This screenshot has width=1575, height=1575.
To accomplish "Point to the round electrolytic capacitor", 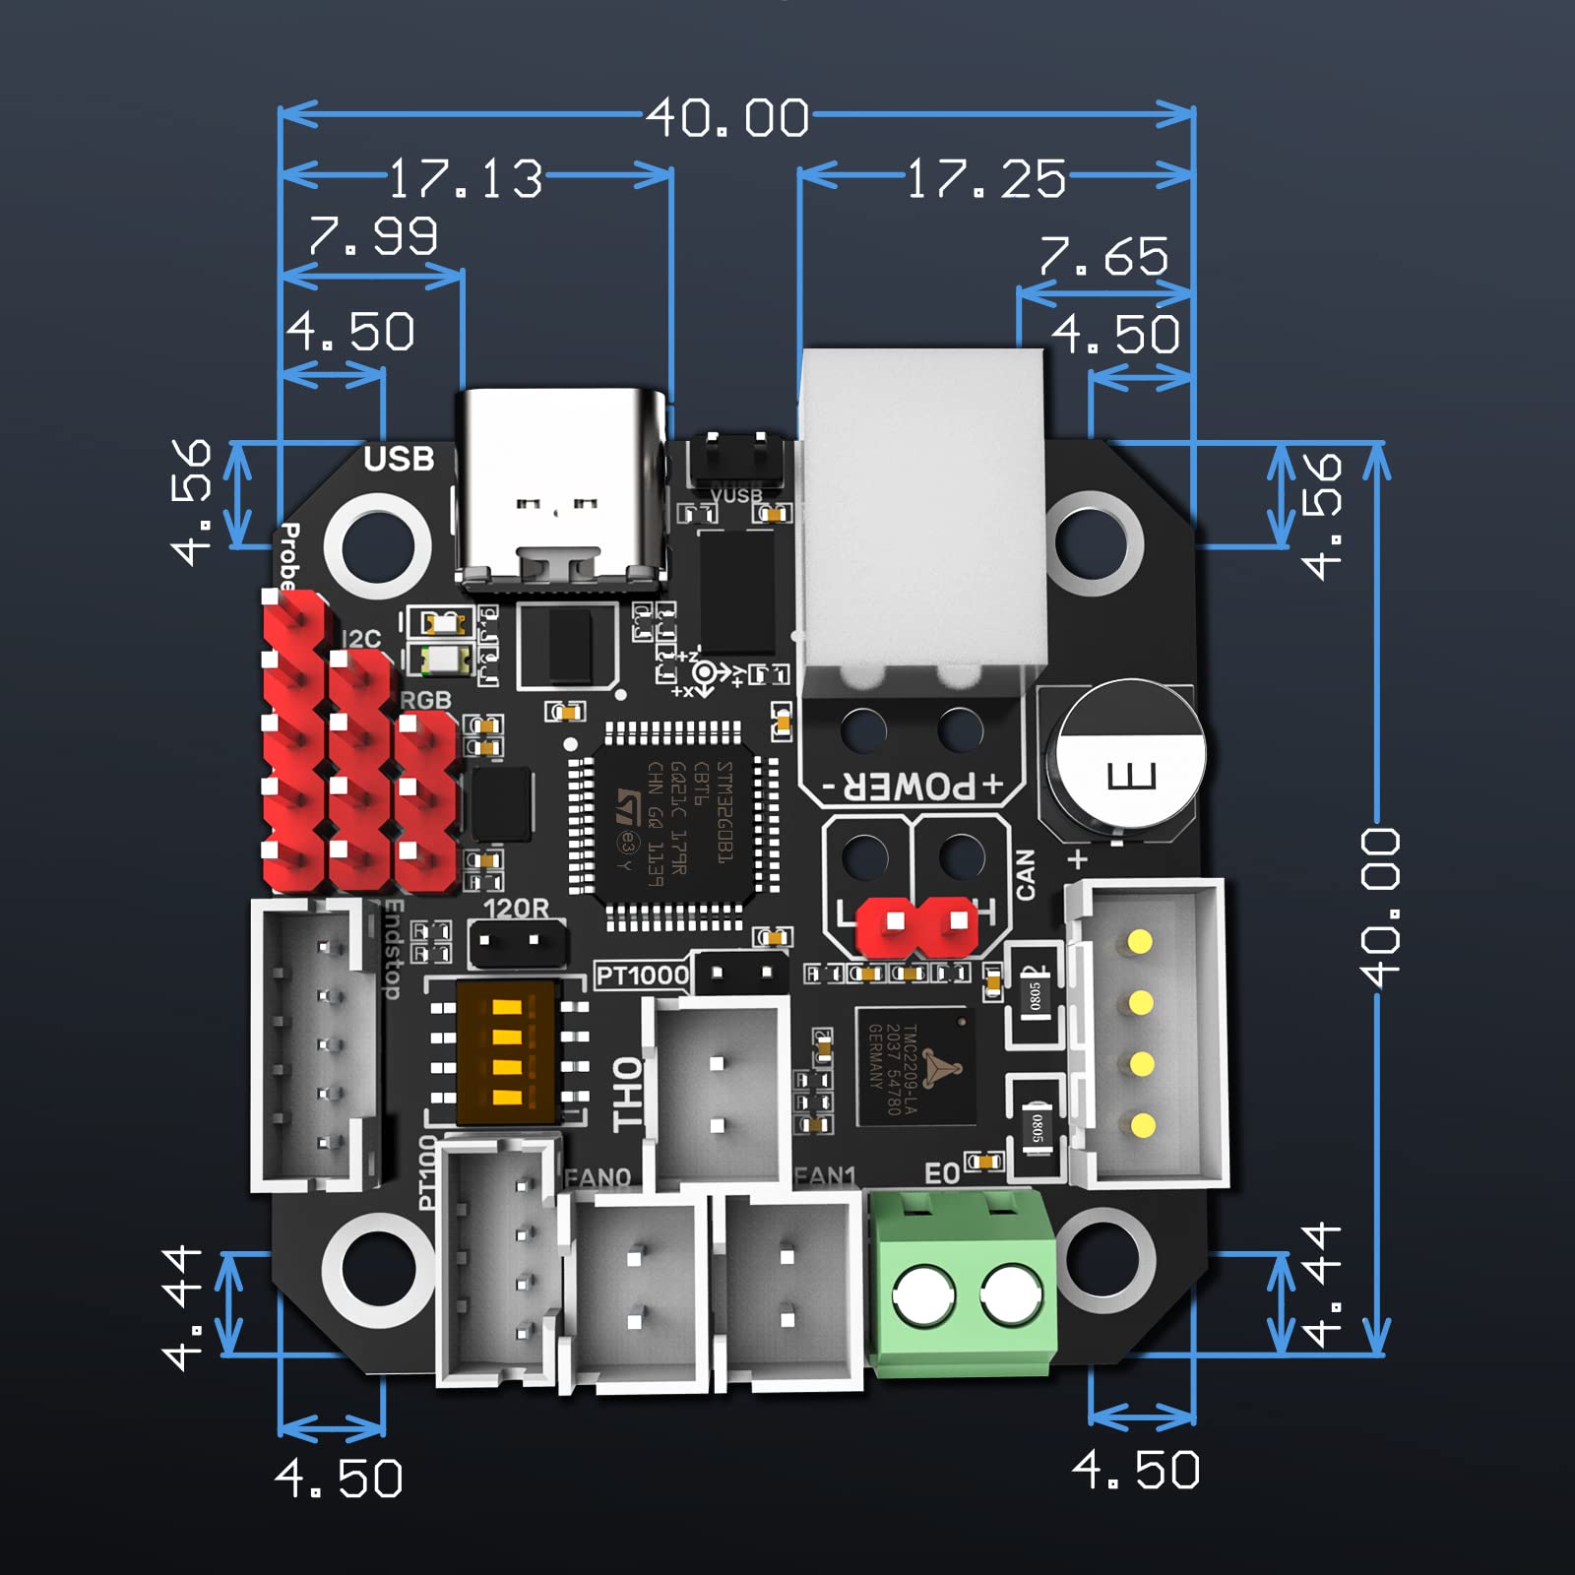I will (x=1130, y=758).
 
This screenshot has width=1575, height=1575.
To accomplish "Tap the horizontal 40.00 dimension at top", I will (x=728, y=118).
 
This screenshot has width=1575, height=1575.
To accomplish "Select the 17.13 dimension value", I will (x=465, y=179).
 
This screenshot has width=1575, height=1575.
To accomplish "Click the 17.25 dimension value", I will (x=985, y=179).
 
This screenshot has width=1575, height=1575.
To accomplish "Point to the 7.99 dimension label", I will (x=373, y=236).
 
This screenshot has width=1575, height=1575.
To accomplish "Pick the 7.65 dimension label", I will (x=1103, y=257).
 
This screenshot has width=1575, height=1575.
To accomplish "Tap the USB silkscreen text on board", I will (x=399, y=459).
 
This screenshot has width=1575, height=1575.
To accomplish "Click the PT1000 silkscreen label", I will (x=642, y=976).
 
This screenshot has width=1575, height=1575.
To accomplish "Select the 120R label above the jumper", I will (x=516, y=908).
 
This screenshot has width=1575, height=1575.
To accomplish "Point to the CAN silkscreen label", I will (x=1025, y=874).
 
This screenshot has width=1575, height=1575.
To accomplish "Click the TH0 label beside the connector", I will (x=628, y=1094).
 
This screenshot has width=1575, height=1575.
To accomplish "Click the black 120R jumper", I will (x=517, y=942).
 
